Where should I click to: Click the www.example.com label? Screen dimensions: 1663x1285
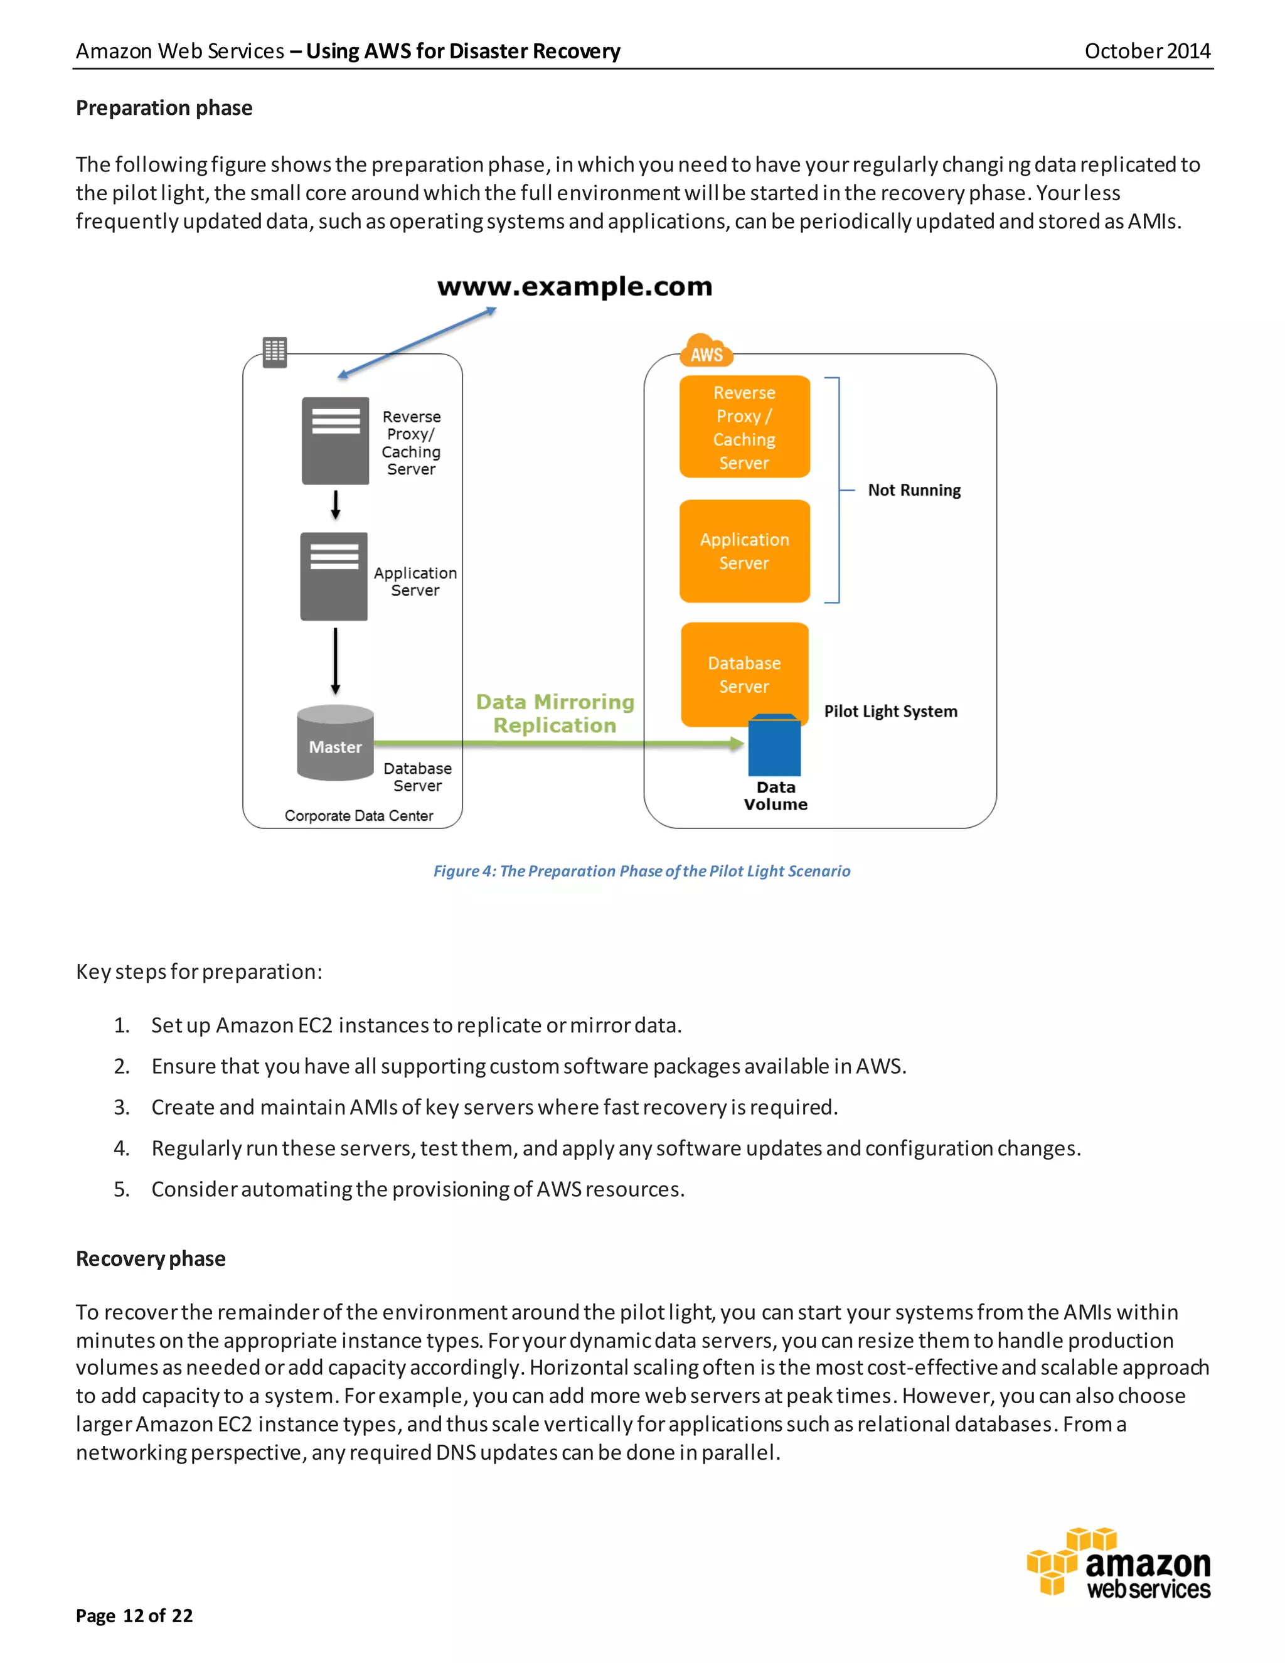[575, 287]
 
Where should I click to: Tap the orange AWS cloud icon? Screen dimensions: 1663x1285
[706, 351]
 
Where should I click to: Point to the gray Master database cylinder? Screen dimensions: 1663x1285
[335, 743]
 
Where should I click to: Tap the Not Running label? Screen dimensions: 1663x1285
[914, 490]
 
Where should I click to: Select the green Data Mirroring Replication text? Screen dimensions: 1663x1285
[555, 714]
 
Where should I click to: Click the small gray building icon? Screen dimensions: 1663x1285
[275, 352]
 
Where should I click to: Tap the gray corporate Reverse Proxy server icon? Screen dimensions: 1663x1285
[335, 440]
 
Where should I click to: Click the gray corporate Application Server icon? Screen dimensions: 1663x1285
[333, 575]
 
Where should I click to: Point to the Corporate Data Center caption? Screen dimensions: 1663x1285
[358, 816]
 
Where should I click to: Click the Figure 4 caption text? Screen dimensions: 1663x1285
[642, 871]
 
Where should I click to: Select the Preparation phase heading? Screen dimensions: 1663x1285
[164, 108]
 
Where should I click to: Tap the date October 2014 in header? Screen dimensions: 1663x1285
[1146, 51]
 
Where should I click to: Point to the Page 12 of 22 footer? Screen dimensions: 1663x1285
[134, 1616]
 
